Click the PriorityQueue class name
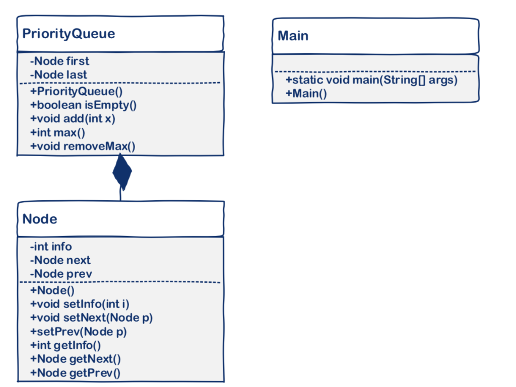tap(69, 34)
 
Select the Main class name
tap(293, 36)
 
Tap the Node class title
tap(40, 219)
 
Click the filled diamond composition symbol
tap(121, 172)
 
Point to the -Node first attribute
tap(59, 61)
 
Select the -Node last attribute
tap(58, 75)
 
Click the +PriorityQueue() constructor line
tap(77, 92)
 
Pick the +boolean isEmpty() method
tap(84, 105)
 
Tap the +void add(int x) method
tap(73, 119)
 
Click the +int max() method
tap(58, 133)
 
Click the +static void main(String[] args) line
tap(371, 81)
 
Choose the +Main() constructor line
tap(306, 94)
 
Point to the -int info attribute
tap(51, 247)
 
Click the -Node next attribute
tap(60, 260)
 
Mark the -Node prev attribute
tap(61, 274)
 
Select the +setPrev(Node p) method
tap(79, 332)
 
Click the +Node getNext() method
tap(76, 359)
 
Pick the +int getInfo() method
tap(66, 345)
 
